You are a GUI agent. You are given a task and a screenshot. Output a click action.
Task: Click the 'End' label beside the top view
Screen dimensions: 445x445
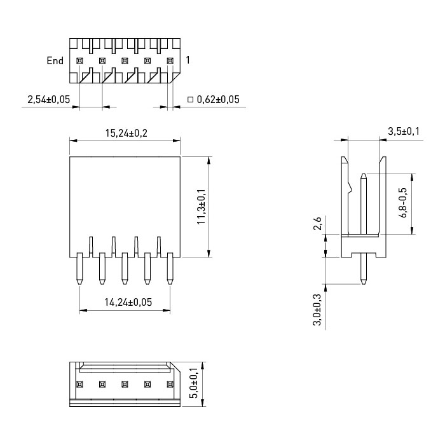[x=55, y=61]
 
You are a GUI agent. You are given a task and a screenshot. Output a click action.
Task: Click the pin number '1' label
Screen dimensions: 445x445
[x=188, y=60]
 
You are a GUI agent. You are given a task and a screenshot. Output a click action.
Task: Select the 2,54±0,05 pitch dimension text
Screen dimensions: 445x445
[x=48, y=99]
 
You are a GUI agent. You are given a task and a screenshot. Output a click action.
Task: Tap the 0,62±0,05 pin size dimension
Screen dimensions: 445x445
[x=218, y=99]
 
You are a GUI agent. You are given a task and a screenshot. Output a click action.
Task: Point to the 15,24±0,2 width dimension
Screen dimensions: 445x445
[x=127, y=133]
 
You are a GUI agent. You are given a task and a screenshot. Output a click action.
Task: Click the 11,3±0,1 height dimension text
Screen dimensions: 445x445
[x=202, y=207]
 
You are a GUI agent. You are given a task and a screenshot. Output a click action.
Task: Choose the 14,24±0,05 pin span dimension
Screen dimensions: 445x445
[x=128, y=302]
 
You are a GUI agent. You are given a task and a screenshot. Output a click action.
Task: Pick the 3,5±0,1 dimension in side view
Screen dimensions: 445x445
[x=404, y=132]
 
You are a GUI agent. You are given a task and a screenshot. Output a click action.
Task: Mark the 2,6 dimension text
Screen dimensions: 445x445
[x=318, y=223]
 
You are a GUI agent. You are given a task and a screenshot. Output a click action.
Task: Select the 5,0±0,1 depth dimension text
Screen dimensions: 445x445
[x=195, y=383]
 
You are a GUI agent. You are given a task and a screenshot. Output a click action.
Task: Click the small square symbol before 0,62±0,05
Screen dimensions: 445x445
[x=191, y=100]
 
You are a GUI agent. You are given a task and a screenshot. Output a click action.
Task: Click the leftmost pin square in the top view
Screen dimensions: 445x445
[x=79, y=61]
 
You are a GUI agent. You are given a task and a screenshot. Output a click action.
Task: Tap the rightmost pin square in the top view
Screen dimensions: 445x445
[x=170, y=61]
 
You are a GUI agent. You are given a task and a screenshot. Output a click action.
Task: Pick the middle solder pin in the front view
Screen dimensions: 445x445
[x=125, y=268]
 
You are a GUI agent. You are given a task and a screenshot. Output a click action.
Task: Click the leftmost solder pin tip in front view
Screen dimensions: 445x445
[x=79, y=284]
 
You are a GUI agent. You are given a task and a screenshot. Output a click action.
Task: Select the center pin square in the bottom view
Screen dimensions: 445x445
[x=125, y=385]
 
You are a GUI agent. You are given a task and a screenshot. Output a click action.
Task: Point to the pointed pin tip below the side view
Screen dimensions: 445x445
[x=363, y=283]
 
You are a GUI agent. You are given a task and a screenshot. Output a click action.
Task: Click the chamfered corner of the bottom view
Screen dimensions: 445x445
[x=175, y=367]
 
